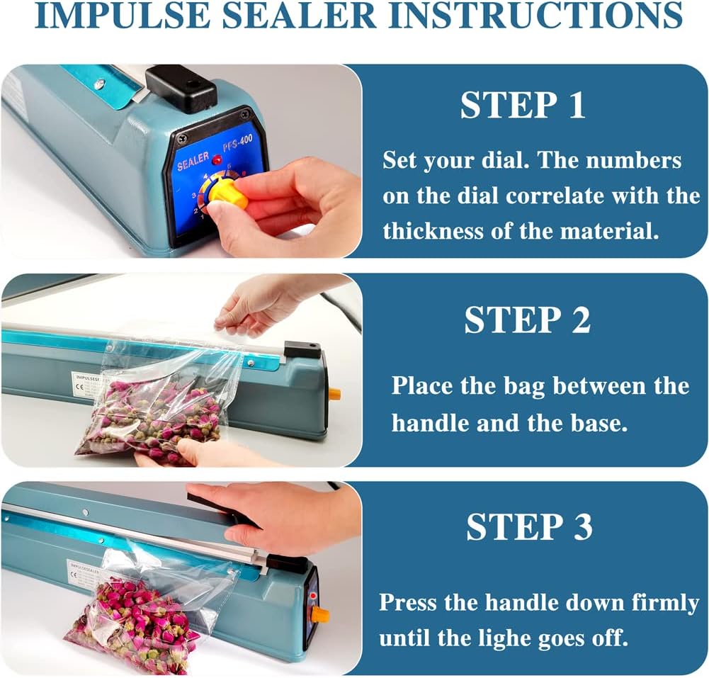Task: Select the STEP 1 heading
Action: [523, 106]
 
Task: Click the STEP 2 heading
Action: [527, 320]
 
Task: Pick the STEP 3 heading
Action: [529, 527]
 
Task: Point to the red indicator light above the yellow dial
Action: [217, 160]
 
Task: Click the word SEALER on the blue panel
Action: [193, 162]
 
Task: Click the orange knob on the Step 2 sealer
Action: [334, 392]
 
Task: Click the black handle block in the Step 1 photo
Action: [181, 87]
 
